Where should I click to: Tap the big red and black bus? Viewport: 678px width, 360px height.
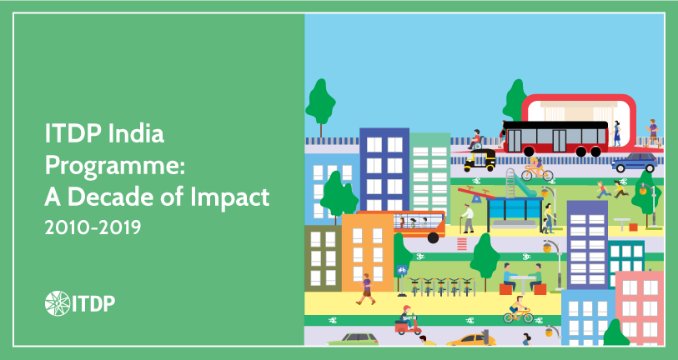[555, 137]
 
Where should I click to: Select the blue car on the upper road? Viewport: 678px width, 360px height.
[634, 162]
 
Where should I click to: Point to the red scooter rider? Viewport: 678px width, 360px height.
[406, 320]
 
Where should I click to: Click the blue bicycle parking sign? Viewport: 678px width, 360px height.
[401, 271]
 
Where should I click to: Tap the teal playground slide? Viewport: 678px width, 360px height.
[519, 184]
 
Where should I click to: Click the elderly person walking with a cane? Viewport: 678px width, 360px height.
[468, 219]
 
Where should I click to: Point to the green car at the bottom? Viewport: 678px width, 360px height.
[353, 340]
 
